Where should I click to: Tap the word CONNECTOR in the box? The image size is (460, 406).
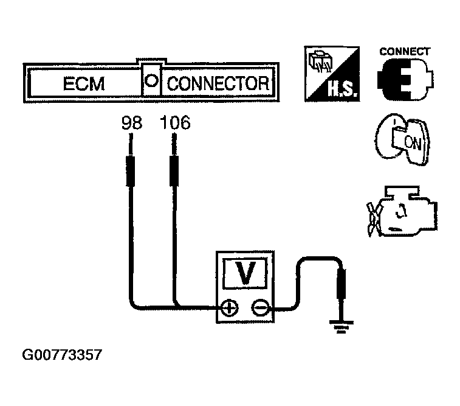217,83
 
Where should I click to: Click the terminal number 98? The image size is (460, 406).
132,124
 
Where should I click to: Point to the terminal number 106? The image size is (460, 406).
174,124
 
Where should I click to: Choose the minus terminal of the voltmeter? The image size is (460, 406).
261,308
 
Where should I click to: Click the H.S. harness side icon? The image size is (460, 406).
332,74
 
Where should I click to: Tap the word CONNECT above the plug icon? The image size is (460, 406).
405,52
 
